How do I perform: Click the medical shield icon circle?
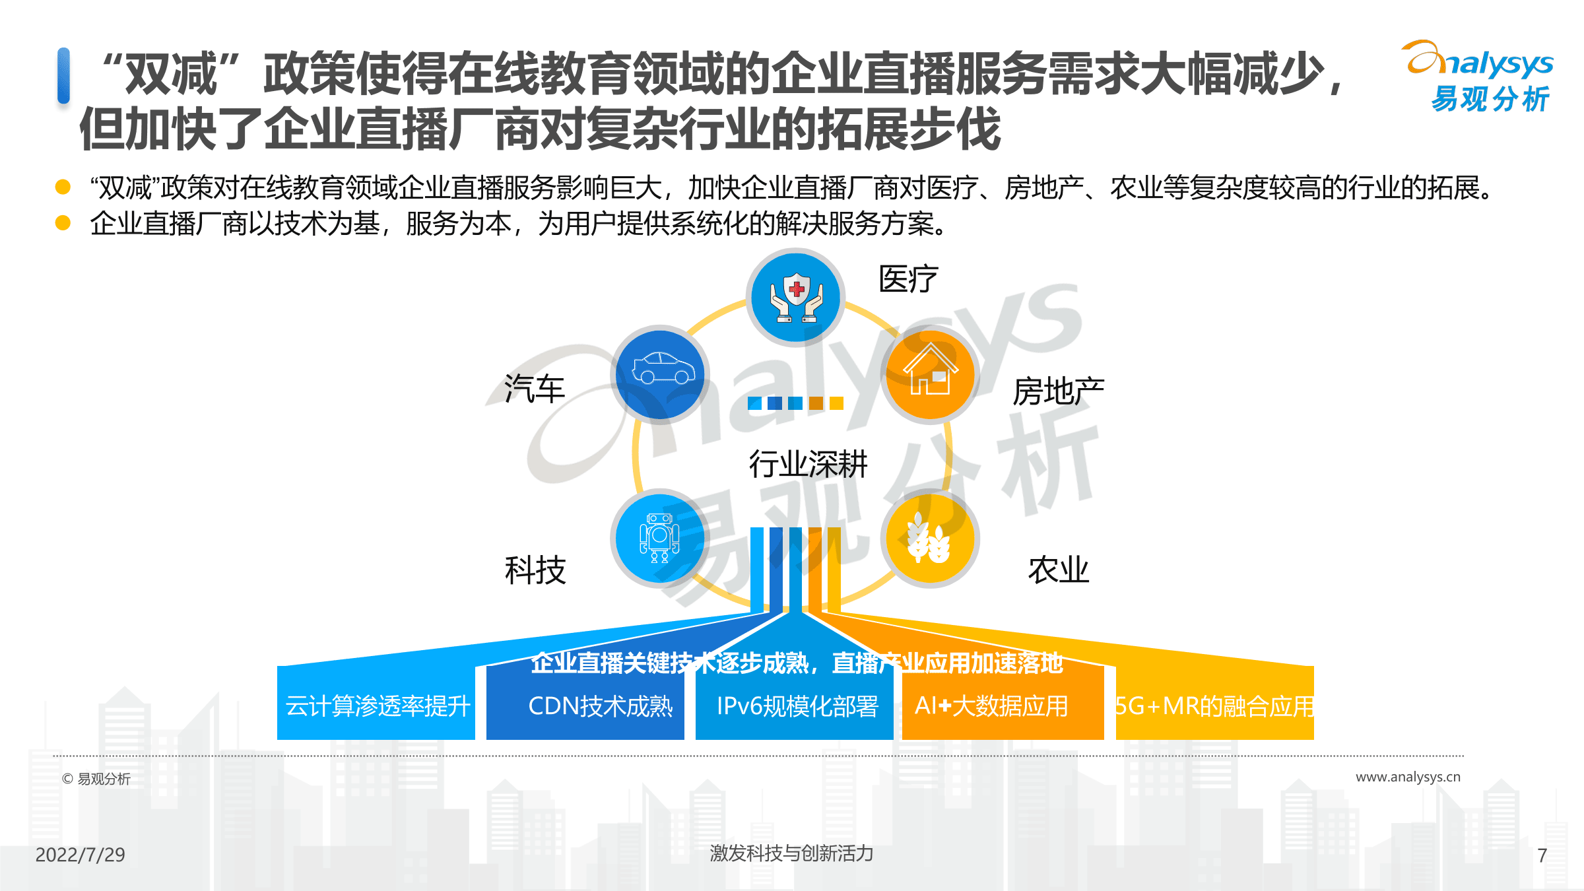tap(796, 298)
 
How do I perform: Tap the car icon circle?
tap(660, 374)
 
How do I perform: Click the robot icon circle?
tap(660, 539)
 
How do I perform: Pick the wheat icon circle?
tap(931, 539)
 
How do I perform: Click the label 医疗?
tap(908, 279)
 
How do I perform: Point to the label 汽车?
tap(535, 388)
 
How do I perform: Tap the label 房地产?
tap(1058, 391)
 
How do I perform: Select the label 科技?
tap(535, 570)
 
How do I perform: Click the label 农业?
tap(1059, 570)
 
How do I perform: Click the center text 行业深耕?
tap(808, 464)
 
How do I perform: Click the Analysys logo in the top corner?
tap(1478, 77)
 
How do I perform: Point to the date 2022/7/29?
tap(80, 855)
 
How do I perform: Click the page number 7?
tap(1542, 855)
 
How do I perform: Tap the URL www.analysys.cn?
tap(1408, 777)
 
